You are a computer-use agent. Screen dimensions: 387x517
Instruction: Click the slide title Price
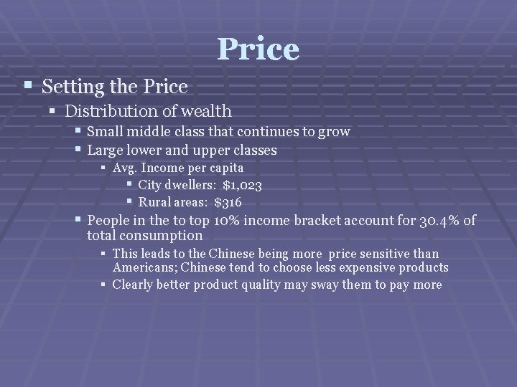coord(258,49)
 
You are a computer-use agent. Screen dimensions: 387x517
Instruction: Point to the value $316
coord(228,202)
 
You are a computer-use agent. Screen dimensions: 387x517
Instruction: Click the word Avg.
coord(125,168)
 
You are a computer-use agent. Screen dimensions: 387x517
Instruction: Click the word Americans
coord(144,267)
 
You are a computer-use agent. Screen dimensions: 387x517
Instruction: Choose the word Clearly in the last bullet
coord(134,285)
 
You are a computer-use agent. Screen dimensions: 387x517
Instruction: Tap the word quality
coord(266,285)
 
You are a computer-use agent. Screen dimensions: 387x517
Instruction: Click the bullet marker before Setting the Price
coord(27,86)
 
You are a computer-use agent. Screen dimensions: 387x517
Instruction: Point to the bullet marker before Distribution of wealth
coord(52,110)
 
